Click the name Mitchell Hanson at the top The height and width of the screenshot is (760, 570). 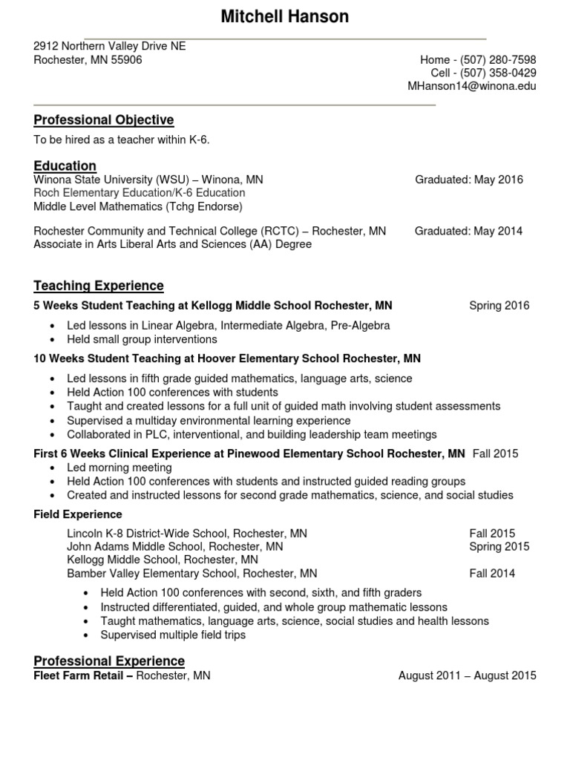(x=285, y=16)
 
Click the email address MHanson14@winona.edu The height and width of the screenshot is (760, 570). (x=472, y=86)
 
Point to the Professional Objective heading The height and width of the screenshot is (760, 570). (x=103, y=120)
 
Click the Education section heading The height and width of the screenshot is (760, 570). (x=65, y=166)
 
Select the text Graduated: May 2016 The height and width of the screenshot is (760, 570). (x=468, y=180)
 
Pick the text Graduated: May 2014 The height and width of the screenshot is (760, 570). (x=468, y=231)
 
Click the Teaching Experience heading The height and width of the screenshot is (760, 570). (x=98, y=286)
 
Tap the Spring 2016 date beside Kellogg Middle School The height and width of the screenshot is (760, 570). (x=499, y=306)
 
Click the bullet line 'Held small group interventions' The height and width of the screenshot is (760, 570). (x=142, y=339)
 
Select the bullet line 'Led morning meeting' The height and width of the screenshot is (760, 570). (x=119, y=468)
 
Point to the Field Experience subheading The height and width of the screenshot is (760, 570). (x=78, y=514)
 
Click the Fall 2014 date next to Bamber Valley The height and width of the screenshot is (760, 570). (x=491, y=573)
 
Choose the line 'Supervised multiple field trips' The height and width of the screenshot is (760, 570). (x=173, y=635)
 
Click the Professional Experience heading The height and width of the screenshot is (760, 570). (x=109, y=661)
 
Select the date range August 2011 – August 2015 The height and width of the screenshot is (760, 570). (x=467, y=675)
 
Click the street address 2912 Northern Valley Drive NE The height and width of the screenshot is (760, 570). (x=109, y=46)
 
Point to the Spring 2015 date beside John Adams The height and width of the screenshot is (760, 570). (x=499, y=546)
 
